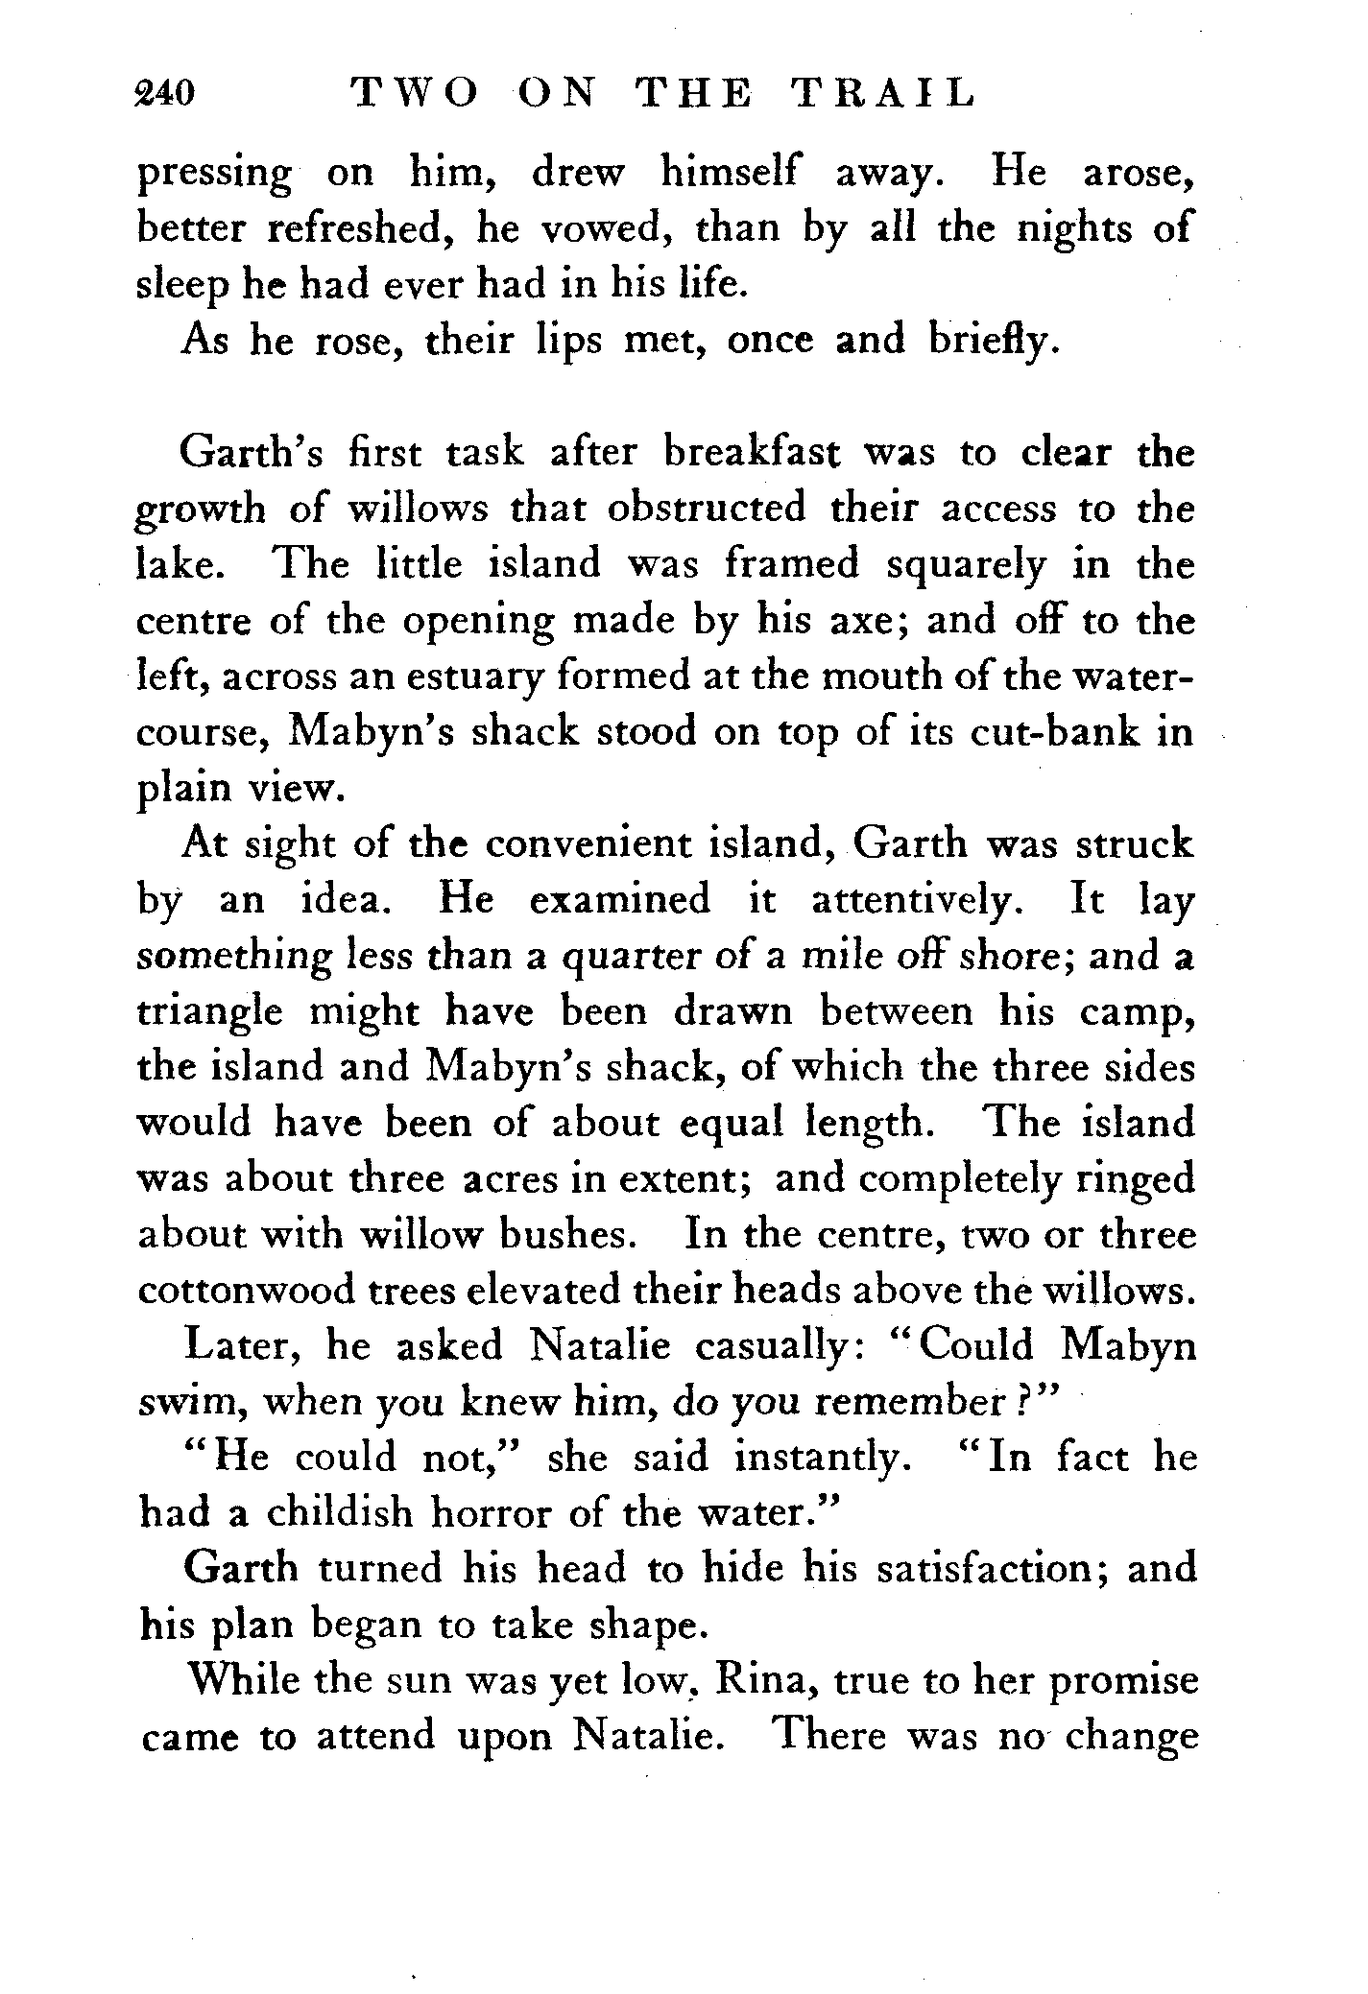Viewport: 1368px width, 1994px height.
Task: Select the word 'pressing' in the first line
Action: [213, 176]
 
